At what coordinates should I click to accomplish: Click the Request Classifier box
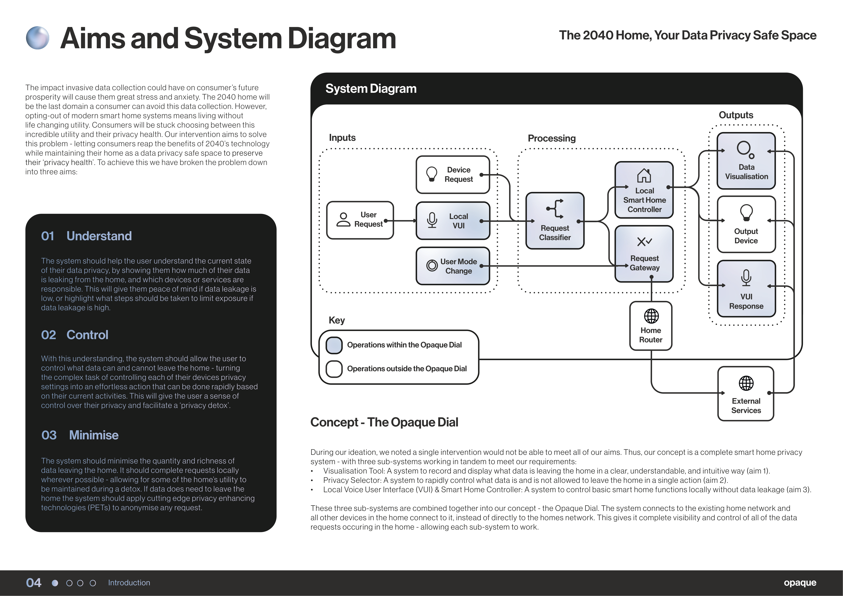coord(555,221)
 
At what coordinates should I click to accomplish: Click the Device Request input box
coord(453,175)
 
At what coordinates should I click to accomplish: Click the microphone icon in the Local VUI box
coord(432,220)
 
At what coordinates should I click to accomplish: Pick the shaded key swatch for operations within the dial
coord(334,345)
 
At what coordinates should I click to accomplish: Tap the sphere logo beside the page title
coord(37,38)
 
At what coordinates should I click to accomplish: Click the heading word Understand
coord(99,236)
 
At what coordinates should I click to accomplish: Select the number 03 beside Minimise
coord(49,435)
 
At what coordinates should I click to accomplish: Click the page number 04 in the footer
coord(34,583)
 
